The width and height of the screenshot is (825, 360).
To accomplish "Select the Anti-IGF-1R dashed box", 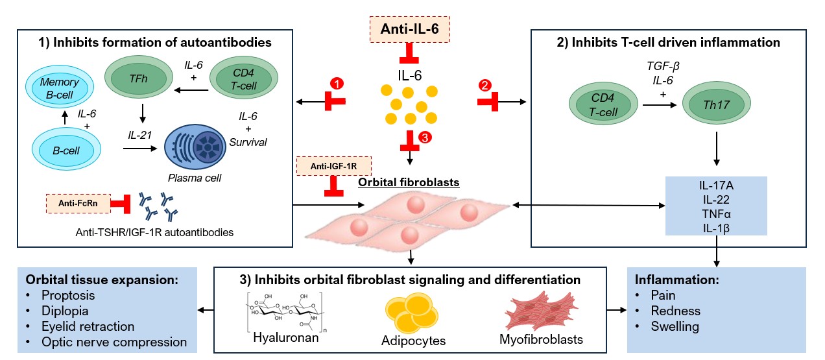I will point(332,166).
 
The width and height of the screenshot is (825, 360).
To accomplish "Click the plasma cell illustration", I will point(195,147).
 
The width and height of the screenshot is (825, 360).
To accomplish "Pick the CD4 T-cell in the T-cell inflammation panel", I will point(601,104).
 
